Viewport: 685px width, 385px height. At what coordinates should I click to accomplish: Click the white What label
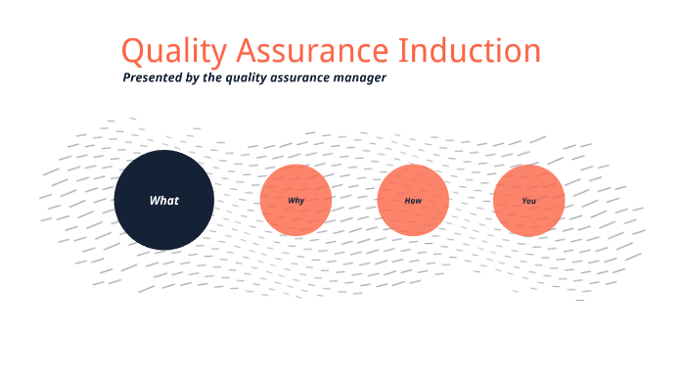coord(163,201)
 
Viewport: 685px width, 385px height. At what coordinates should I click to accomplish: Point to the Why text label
coord(296,201)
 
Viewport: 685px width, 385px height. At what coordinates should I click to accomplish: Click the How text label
coord(413,201)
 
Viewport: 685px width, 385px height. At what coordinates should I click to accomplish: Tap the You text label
coord(528,201)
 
